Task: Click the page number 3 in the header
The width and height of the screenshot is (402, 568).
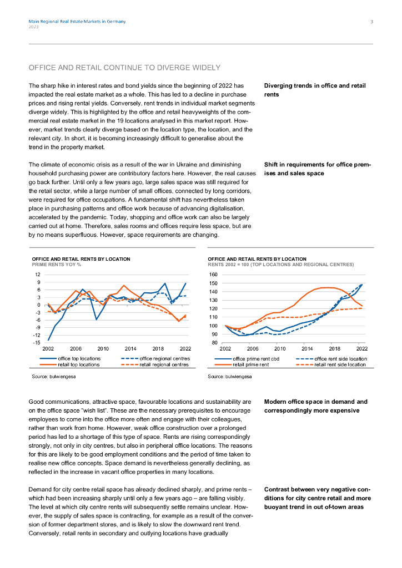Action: click(x=371, y=22)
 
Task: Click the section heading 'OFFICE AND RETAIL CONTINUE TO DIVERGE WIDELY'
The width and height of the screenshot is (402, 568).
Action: click(x=124, y=68)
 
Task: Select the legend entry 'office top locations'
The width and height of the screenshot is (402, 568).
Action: click(x=79, y=359)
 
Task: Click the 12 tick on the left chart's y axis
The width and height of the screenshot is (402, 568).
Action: click(x=37, y=275)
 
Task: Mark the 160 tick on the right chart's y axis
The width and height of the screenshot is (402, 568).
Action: click(x=214, y=275)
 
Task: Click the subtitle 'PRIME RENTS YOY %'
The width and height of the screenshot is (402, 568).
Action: click(x=57, y=265)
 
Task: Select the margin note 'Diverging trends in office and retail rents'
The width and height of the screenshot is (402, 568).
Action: click(x=315, y=90)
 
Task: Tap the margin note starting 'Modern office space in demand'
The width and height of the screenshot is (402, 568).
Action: click(x=315, y=405)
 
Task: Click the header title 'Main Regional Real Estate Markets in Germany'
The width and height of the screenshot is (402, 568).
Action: click(x=77, y=22)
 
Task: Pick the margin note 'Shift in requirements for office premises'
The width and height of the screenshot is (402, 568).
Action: click(x=318, y=169)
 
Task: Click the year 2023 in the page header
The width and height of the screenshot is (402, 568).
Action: click(x=33, y=27)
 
